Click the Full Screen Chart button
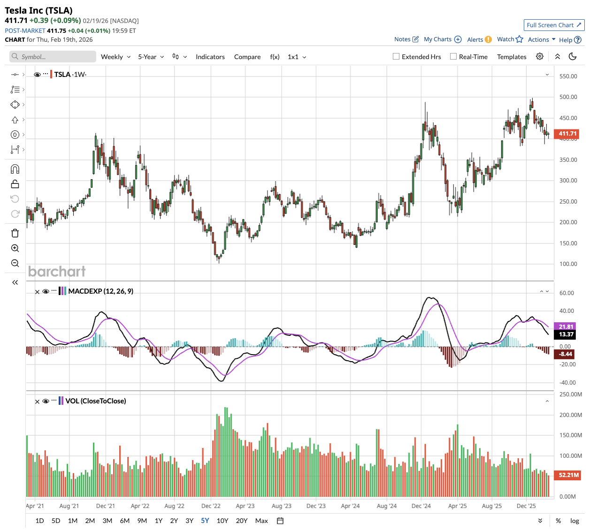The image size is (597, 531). coord(554,25)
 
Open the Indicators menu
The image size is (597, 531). coord(210,57)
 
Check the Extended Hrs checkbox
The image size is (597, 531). coord(396,57)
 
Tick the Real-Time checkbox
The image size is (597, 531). coord(453,57)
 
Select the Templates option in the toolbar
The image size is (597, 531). coord(512,57)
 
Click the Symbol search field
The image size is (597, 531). coord(53,57)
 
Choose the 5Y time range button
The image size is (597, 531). coord(205,521)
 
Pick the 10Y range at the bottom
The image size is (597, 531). coord(222,521)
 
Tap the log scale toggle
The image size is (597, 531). coord(574,521)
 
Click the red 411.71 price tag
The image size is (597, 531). coord(567,134)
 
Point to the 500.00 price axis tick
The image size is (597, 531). coord(568,97)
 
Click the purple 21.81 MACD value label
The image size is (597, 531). coord(566,326)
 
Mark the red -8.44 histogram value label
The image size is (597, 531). coord(566,354)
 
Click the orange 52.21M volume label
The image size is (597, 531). coord(568,475)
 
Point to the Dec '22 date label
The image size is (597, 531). coord(211,506)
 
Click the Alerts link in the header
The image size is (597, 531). coord(475,39)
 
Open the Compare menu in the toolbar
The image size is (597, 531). coord(247,57)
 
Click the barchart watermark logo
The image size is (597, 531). coord(57,272)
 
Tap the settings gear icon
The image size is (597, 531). coord(540,56)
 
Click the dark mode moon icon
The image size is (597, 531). coord(573,56)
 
